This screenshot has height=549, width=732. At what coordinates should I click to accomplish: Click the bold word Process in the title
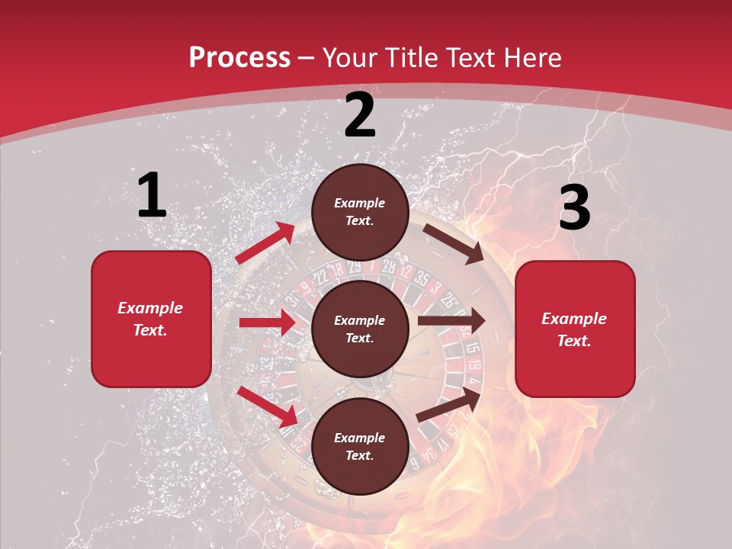pos(239,58)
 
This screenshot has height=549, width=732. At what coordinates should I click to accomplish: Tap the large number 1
pos(152,196)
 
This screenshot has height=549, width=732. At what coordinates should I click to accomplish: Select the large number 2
pos(360,116)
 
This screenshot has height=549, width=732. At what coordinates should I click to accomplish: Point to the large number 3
pos(574,208)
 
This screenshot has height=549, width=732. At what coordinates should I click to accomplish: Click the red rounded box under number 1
pos(151,319)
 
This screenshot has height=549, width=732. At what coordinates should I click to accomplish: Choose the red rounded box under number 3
pos(575,329)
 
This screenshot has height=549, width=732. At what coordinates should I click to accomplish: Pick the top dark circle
pos(360,212)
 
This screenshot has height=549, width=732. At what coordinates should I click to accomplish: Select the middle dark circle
pos(360,329)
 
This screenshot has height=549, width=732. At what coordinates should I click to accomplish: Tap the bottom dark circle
pos(360,446)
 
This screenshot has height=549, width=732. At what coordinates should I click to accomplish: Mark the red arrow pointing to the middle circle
pos(268,323)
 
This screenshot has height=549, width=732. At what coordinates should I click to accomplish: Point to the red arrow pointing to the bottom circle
pos(268,406)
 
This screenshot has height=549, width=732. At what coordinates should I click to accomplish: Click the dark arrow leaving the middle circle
pos(451,321)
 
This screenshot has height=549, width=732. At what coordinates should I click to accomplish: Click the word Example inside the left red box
pos(150,308)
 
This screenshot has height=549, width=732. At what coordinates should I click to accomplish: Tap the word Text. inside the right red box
pos(574,341)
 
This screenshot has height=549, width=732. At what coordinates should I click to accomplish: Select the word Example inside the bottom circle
pos(360,438)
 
